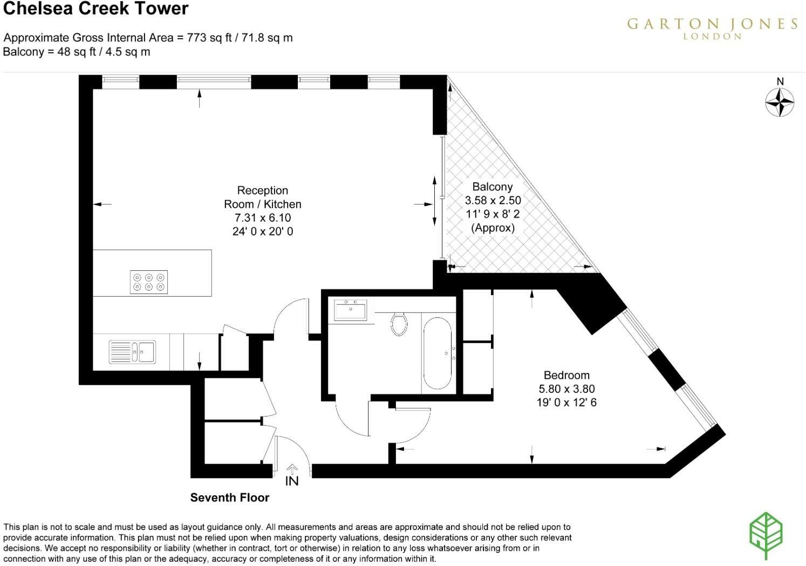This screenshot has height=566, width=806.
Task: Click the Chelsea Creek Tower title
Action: pyautogui.click(x=96, y=9)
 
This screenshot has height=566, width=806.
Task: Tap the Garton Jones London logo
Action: pyautogui.click(x=712, y=28)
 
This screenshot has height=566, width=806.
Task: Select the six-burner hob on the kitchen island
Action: pyautogui.click(x=149, y=282)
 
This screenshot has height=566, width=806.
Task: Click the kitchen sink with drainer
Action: pyautogui.click(x=132, y=351)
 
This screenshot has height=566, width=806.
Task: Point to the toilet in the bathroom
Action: pyautogui.click(x=399, y=324)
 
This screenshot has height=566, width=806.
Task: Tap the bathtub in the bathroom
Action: pyautogui.click(x=437, y=353)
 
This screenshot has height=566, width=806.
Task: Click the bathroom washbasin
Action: pyautogui.click(x=350, y=310)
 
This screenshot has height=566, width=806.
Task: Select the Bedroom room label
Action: pyautogui.click(x=566, y=375)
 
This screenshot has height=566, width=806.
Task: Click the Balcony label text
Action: pyautogui.click(x=492, y=187)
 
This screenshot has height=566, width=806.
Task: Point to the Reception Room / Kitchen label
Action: pyautogui.click(x=263, y=197)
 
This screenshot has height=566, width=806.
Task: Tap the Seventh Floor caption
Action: pyautogui.click(x=229, y=497)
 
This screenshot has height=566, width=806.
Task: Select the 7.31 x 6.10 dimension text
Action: pyautogui.click(x=263, y=218)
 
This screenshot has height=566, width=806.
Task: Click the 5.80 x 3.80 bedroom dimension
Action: pyautogui.click(x=566, y=389)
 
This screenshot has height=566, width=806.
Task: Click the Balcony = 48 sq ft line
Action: pyautogui.click(x=77, y=52)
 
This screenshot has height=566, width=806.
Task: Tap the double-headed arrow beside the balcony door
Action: pyautogui.click(x=435, y=201)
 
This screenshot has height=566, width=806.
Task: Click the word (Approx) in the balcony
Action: pyautogui.click(x=493, y=228)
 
